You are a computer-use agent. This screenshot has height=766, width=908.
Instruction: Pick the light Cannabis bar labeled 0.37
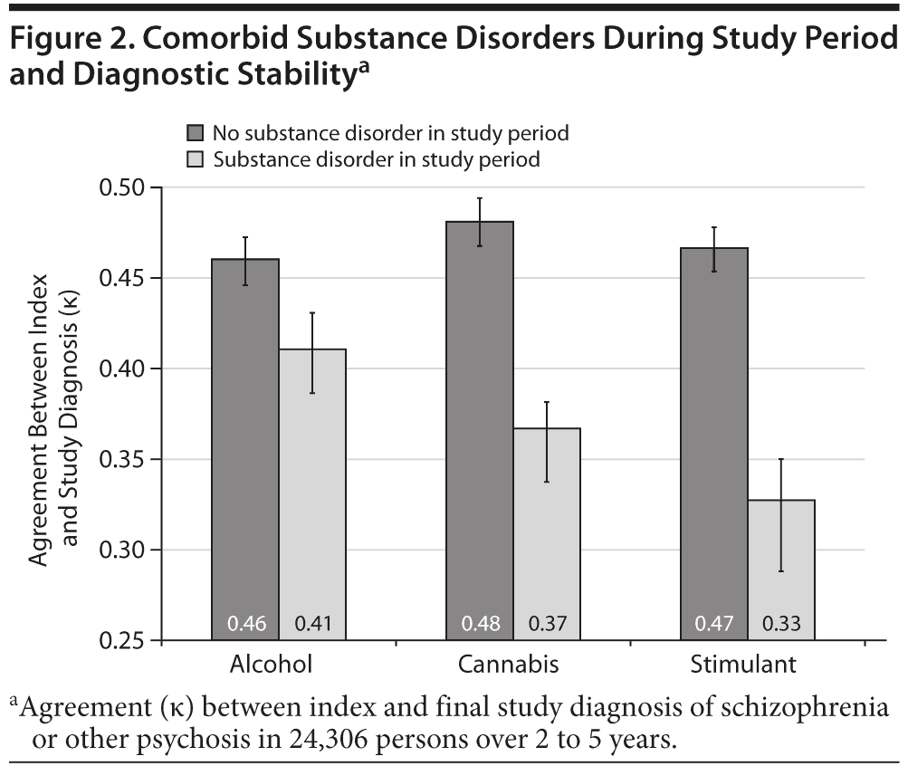(x=547, y=534)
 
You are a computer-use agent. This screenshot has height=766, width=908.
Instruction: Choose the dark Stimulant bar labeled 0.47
(x=713, y=444)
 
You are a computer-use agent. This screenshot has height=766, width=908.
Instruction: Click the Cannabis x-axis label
(x=509, y=665)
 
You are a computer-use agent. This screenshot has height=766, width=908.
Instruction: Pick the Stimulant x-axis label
(x=743, y=665)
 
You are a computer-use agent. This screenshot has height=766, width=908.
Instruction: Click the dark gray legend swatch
(x=195, y=134)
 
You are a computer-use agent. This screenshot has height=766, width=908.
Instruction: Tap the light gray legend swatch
(x=195, y=160)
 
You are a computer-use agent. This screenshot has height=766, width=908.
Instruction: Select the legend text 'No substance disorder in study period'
(x=391, y=134)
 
